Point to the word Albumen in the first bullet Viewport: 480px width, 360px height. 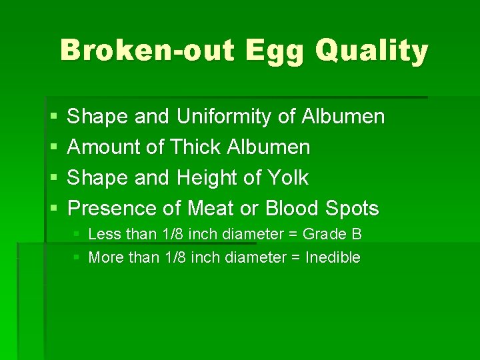343,117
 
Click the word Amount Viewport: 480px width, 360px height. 101,147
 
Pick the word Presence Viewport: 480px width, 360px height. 113,209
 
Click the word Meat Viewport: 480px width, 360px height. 211,209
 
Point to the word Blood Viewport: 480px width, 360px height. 291,209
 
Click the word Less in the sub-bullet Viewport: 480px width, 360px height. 103,234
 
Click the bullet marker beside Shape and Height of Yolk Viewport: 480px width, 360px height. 53,178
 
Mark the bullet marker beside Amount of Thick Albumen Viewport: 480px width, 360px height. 53,147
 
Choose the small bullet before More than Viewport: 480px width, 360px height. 77,257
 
